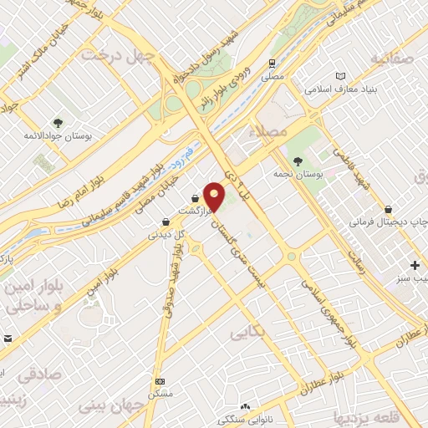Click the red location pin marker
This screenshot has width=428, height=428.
(x=216, y=195)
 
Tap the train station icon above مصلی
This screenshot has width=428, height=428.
(x=272, y=64)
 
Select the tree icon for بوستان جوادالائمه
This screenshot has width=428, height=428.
(x=58, y=122)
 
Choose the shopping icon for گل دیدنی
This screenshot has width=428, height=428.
(x=166, y=222)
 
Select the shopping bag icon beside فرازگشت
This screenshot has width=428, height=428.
(x=196, y=199)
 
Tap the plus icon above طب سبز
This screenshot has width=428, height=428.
(x=415, y=265)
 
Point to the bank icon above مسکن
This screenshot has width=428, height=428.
(x=160, y=381)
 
